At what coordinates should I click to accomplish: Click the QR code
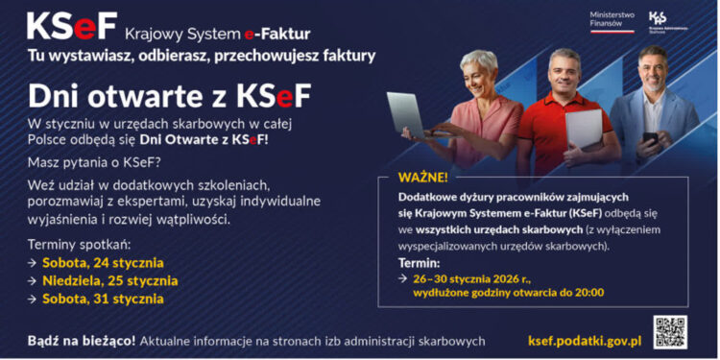670,331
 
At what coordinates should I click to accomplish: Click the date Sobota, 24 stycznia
103,262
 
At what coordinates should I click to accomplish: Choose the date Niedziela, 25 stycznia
109,280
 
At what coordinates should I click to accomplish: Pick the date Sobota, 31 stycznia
103,299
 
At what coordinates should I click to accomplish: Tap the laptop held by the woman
409,113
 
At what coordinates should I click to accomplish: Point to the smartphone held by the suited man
651,140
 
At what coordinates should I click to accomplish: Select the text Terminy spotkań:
78,244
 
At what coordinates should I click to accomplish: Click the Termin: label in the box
420,262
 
